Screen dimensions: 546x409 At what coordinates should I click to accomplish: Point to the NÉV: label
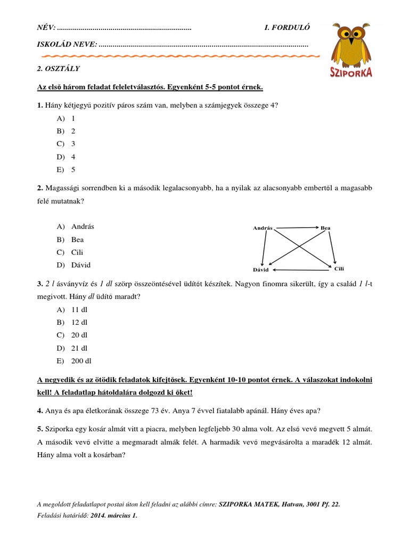(46, 28)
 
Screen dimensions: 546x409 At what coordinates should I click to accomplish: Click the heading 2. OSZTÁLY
(58, 69)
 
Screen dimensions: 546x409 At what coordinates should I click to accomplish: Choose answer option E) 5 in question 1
(67, 170)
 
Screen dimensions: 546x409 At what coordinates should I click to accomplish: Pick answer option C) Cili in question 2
(70, 252)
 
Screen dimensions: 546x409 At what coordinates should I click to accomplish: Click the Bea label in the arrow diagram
(325, 228)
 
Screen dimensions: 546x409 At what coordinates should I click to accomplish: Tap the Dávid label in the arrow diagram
(261, 269)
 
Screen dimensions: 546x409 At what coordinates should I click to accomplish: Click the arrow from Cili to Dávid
(300, 269)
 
